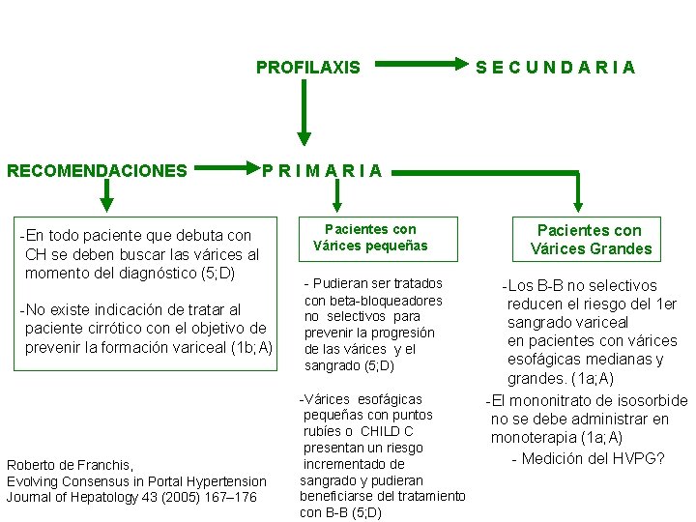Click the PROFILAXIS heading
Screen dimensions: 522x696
click(x=307, y=68)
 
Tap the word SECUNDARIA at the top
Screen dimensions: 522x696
click(x=556, y=68)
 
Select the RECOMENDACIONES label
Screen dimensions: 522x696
click(x=97, y=171)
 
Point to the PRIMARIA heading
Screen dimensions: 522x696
click(x=322, y=171)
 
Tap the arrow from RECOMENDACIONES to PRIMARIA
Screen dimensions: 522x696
click(x=228, y=171)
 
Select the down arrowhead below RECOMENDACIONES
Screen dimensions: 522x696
click(x=107, y=200)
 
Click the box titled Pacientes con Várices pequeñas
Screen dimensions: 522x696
click(x=370, y=238)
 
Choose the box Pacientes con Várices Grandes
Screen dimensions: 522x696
click(x=591, y=240)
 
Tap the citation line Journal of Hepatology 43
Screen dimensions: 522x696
click(x=131, y=497)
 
